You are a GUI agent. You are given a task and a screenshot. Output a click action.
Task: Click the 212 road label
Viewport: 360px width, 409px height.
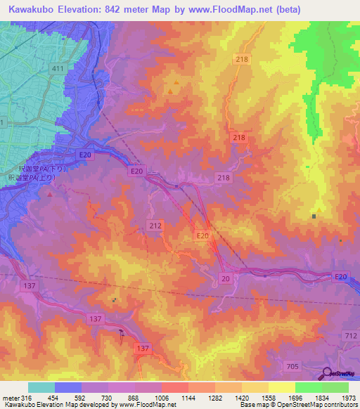pos(156,226)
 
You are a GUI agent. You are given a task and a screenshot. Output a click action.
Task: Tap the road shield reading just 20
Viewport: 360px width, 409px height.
pos(225,279)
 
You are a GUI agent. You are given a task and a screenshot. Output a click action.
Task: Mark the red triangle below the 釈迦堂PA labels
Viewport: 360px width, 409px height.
pos(50,194)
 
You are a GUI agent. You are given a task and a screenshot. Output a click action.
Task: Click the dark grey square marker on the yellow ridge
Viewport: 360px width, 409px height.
pos(313,216)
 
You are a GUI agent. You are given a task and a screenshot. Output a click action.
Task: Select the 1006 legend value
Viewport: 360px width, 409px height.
pos(162,398)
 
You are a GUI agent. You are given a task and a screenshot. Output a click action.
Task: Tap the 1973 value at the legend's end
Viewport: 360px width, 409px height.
pos(349,398)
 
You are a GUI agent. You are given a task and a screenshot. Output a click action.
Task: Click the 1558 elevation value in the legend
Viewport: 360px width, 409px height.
pos(269,398)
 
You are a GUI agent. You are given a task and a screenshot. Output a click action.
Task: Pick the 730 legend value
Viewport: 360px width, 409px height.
pos(108,398)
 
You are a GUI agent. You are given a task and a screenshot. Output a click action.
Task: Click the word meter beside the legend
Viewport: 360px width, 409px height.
pos(10,398)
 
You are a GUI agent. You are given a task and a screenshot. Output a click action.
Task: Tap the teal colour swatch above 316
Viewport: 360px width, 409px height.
pos(41,387)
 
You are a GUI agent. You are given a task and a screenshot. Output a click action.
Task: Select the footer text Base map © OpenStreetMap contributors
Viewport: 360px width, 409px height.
pos(299,405)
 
